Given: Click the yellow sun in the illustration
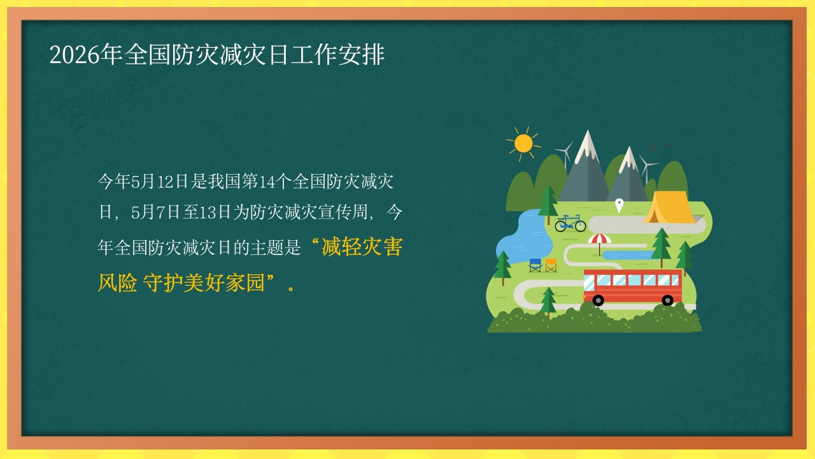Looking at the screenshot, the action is click(523, 143).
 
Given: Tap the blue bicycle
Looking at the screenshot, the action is click(570, 223).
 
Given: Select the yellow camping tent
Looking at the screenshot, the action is click(669, 207).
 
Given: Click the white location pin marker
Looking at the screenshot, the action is click(620, 205).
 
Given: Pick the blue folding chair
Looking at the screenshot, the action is click(535, 265).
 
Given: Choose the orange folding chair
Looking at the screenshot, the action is click(551, 265).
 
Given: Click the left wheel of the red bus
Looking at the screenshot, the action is click(598, 300).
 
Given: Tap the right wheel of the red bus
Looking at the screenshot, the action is click(668, 300).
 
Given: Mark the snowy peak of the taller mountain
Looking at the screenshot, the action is click(587, 146).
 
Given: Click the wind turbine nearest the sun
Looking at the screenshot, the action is click(565, 154).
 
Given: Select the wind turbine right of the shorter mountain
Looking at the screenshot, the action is click(646, 168).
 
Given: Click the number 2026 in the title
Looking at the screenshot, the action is click(74, 55).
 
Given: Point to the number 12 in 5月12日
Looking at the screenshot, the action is click(166, 182).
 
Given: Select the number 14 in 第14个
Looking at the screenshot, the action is click(267, 182).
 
